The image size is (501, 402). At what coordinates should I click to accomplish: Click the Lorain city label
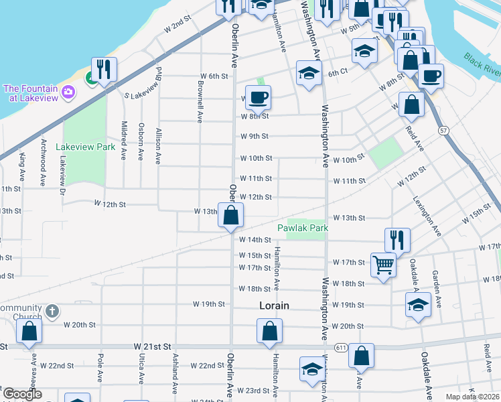(x=274, y=306)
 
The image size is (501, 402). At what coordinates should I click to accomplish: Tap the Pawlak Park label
(x=303, y=228)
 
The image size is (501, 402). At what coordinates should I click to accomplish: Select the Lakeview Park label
(x=85, y=146)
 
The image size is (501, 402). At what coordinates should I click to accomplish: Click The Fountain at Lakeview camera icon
(x=68, y=92)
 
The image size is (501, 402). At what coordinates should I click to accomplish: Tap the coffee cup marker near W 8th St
(x=258, y=98)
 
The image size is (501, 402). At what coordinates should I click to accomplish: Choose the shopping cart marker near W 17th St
(x=383, y=265)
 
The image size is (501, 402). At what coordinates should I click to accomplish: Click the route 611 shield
(x=341, y=347)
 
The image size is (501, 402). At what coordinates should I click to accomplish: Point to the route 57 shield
(x=443, y=129)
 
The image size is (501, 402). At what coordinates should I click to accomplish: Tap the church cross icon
(x=53, y=312)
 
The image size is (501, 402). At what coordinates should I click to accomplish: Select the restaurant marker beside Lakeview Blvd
(x=104, y=69)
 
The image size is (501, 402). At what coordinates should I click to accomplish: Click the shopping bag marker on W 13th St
(x=230, y=216)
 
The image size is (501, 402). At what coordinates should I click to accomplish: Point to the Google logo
(x=22, y=395)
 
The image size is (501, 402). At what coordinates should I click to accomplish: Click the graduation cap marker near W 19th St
(x=418, y=305)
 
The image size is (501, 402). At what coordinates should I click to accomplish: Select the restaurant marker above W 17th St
(x=397, y=239)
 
